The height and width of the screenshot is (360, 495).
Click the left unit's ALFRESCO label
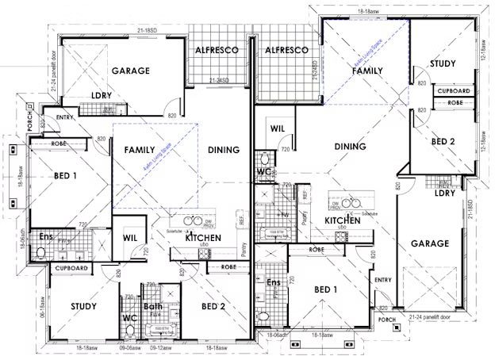[217, 50]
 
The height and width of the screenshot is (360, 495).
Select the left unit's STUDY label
[83, 306]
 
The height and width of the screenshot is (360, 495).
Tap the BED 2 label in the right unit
[443, 140]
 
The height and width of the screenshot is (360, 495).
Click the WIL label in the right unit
[278, 128]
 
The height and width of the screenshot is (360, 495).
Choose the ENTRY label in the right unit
[382, 279]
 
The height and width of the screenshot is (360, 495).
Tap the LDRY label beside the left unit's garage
[102, 96]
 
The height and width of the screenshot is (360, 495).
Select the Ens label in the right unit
[274, 283]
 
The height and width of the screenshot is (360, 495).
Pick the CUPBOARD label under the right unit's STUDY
[455, 91]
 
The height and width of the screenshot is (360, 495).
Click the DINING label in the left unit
[224, 149]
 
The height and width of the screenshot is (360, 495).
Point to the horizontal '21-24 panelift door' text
[434, 316]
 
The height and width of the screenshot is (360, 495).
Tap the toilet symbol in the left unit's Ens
[40, 254]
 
